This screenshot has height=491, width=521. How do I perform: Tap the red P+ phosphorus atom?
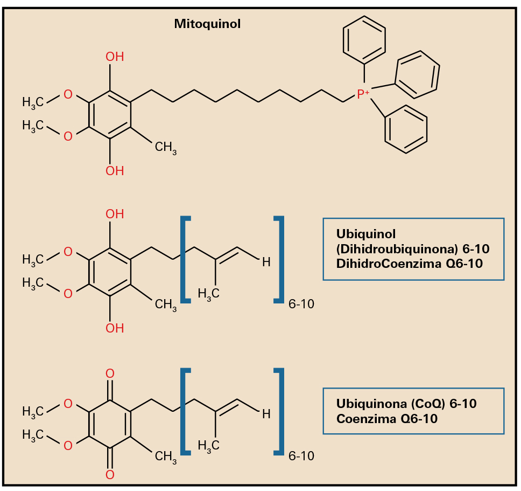[x=363, y=95]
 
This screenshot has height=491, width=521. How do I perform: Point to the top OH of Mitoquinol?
[x=114, y=57]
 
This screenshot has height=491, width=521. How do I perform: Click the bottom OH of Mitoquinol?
[x=114, y=171]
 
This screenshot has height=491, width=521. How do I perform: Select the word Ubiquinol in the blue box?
[x=365, y=234]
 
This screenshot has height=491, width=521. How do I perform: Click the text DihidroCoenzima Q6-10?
[x=409, y=264]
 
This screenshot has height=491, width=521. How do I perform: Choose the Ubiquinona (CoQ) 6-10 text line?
[x=406, y=404]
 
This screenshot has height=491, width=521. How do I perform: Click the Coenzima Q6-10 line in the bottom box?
[x=386, y=418]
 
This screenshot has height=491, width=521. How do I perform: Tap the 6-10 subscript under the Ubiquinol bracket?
[x=301, y=305]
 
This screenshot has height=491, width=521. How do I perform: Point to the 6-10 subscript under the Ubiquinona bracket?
[x=301, y=457]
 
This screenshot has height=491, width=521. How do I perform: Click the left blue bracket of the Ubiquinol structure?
[x=185, y=259]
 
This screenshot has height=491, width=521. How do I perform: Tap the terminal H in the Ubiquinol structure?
[x=265, y=262]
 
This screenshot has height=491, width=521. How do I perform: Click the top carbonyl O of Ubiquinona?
[x=110, y=374]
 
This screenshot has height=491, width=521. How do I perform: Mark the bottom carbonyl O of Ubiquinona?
[x=110, y=475]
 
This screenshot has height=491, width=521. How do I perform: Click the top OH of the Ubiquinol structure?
[x=114, y=214]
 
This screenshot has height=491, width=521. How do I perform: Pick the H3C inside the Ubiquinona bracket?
[x=208, y=445]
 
